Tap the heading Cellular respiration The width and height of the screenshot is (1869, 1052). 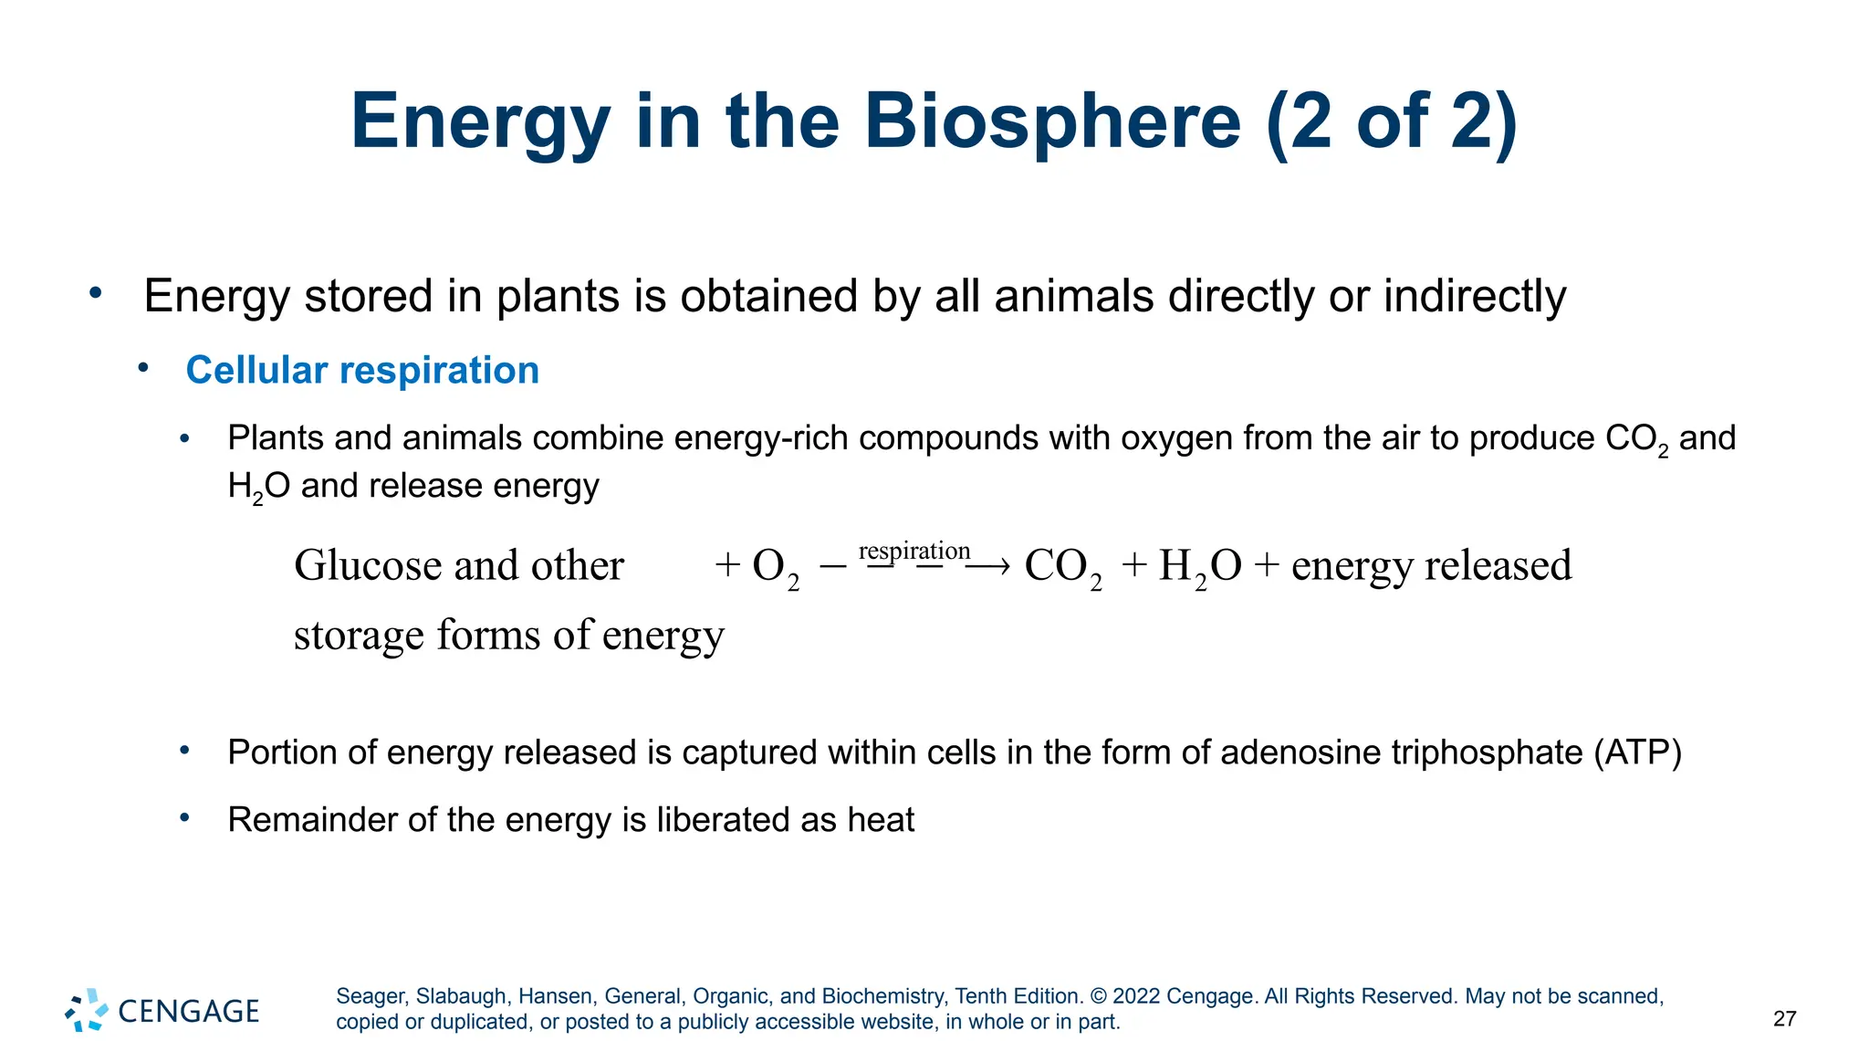point(362,371)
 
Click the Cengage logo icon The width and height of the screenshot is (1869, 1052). point(87,1010)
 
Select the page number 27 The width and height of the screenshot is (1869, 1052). point(1784,1019)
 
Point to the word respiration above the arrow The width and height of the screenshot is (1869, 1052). point(914,551)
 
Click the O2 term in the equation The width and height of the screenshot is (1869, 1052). point(775,567)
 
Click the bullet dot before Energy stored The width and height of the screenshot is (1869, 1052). point(96,293)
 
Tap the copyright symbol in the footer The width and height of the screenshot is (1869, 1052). point(1098,996)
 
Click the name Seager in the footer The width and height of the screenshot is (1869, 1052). point(371,996)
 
